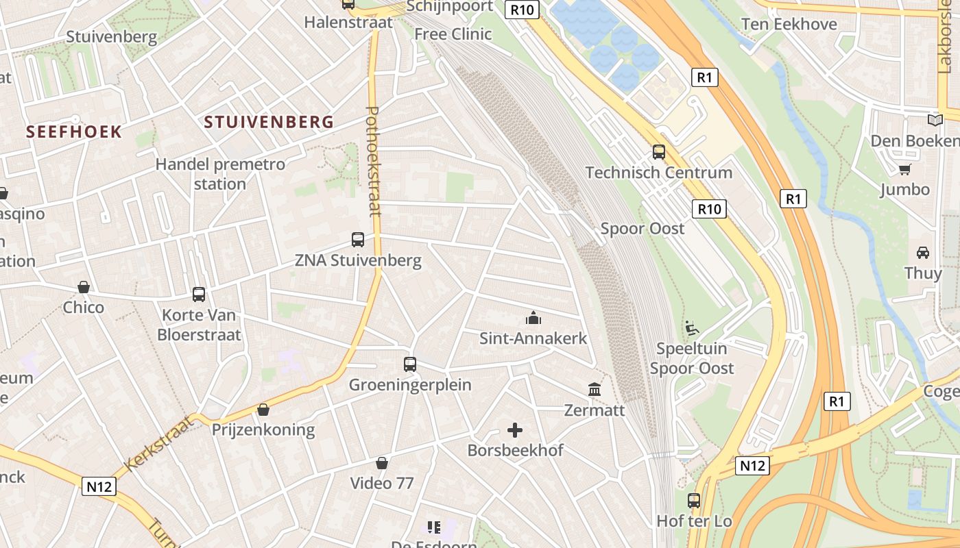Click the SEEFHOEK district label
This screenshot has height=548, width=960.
[74, 132]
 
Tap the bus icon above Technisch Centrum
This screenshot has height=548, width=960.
[659, 152]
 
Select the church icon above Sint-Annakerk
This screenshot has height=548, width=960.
[533, 318]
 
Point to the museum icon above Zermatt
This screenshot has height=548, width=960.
[595, 390]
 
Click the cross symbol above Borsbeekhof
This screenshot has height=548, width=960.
[515, 430]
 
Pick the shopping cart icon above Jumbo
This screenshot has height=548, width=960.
[905, 169]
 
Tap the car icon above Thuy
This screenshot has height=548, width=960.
[923, 253]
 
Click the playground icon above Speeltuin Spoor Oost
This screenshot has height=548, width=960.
[692, 329]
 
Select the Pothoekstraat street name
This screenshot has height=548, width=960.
[374, 162]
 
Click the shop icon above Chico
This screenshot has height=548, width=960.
[84, 287]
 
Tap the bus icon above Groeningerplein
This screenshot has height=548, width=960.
[410, 364]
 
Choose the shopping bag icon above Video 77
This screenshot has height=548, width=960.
[382, 464]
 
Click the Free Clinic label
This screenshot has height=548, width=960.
[453, 34]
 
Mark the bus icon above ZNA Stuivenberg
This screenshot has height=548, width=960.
[358, 240]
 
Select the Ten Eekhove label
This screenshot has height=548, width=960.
[789, 25]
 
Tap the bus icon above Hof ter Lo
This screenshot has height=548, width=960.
[694, 501]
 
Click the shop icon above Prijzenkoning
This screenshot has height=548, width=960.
[263, 410]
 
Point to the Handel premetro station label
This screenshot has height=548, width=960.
[220, 174]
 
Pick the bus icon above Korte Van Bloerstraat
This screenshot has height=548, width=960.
[199, 295]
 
